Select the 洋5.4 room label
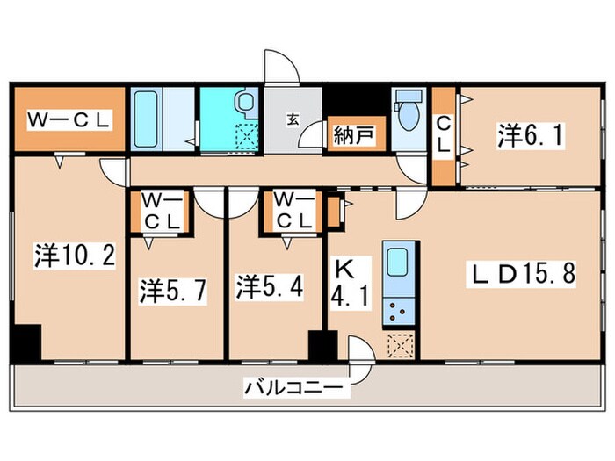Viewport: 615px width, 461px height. (269, 286)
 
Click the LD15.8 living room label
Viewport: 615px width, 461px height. (520, 273)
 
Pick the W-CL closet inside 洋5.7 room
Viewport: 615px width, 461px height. (160, 211)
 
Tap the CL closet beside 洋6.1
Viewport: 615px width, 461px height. (445, 136)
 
